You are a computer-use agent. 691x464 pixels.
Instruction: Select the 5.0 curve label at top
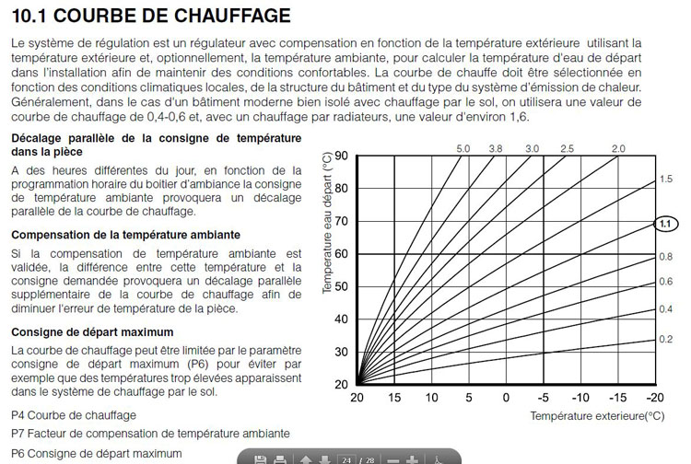(x=463, y=148)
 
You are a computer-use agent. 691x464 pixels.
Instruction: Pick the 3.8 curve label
(x=496, y=148)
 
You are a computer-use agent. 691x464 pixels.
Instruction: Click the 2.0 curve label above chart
(x=618, y=148)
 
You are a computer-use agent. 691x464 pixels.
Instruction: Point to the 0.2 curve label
(x=666, y=340)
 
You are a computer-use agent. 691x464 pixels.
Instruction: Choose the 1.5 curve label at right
(x=666, y=179)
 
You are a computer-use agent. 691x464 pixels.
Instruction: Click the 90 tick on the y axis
(x=341, y=156)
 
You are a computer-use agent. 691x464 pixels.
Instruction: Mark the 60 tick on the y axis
(x=341, y=254)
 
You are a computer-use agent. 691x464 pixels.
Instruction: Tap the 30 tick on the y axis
(x=341, y=352)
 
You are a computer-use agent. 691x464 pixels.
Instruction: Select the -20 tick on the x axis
(x=654, y=397)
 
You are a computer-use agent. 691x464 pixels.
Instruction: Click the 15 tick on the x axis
(x=394, y=397)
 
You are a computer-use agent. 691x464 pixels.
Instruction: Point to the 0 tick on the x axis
(x=506, y=397)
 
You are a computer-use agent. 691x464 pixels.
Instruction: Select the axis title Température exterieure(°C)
(x=597, y=415)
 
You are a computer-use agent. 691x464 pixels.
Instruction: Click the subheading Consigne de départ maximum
(x=91, y=331)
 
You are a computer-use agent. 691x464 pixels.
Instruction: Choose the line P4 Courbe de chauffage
(x=73, y=415)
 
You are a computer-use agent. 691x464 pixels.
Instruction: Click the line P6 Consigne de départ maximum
(x=90, y=453)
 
